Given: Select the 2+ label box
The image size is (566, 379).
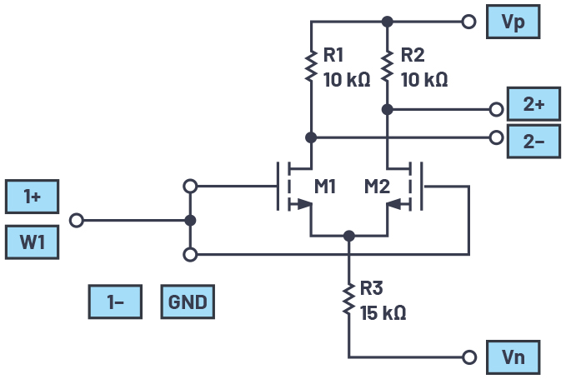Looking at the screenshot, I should coord(533,106).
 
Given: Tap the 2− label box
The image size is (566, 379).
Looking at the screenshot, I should coord(533,142).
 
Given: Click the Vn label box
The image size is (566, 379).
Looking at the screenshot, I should coord(513,357).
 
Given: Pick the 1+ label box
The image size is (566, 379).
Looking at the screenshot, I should coord(32,197).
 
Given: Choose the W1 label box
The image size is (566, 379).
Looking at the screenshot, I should coord(32,243).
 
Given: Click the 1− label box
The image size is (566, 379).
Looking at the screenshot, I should coord(115,302).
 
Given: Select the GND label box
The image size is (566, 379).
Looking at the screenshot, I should coord(187,302).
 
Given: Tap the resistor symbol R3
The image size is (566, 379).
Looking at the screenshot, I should coord(348,301).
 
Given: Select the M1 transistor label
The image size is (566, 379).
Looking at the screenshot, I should coord(325,186).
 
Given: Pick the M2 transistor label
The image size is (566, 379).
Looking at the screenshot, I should coord(377,186).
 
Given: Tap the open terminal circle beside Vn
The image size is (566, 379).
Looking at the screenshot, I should coord(470,357).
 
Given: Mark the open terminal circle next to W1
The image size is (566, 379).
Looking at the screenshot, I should coord(77,221).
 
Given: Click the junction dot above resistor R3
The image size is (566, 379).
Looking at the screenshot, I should coord(348,236).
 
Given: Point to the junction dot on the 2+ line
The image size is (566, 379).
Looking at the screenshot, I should coord(388,109).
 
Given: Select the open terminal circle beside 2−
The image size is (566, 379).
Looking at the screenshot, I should coord(497,137).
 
